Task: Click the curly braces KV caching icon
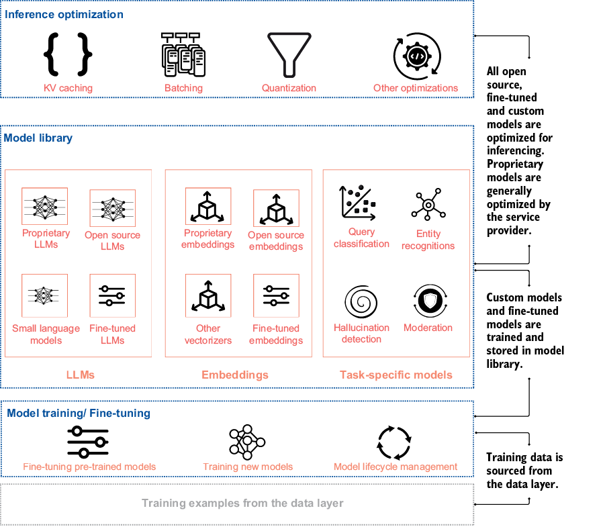(68, 54)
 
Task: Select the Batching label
(183, 88)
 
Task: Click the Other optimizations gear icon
(416, 57)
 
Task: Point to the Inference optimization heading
(63, 13)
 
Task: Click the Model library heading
(38, 138)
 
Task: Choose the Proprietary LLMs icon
(45, 206)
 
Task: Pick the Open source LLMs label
(113, 241)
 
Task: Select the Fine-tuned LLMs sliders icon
(112, 295)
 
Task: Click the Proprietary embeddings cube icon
(208, 206)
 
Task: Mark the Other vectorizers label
(208, 334)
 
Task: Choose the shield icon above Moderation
(428, 301)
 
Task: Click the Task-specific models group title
(396, 375)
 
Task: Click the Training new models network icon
(248, 442)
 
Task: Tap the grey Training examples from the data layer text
(242, 503)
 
